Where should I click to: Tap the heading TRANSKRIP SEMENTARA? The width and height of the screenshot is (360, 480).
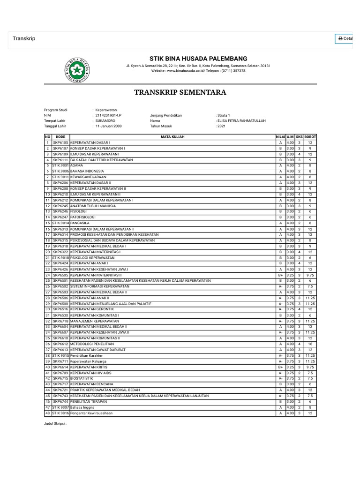(x=180, y=92)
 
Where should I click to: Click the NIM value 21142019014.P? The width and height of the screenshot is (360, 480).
(x=108, y=115)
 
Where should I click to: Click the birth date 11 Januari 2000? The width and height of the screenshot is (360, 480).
(x=108, y=127)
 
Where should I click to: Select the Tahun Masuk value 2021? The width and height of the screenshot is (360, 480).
(x=221, y=127)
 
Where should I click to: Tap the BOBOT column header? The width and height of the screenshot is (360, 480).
(x=310, y=136)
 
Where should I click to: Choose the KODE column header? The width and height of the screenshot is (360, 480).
(x=60, y=136)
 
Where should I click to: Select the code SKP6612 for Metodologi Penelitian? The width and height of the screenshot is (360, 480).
(x=60, y=344)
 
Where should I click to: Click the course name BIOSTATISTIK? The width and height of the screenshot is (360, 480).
(x=82, y=378)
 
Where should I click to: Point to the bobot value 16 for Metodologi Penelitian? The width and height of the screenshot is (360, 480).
(x=310, y=344)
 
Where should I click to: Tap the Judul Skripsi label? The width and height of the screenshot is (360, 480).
(x=55, y=423)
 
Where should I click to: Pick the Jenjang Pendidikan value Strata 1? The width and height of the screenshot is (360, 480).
(x=224, y=115)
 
